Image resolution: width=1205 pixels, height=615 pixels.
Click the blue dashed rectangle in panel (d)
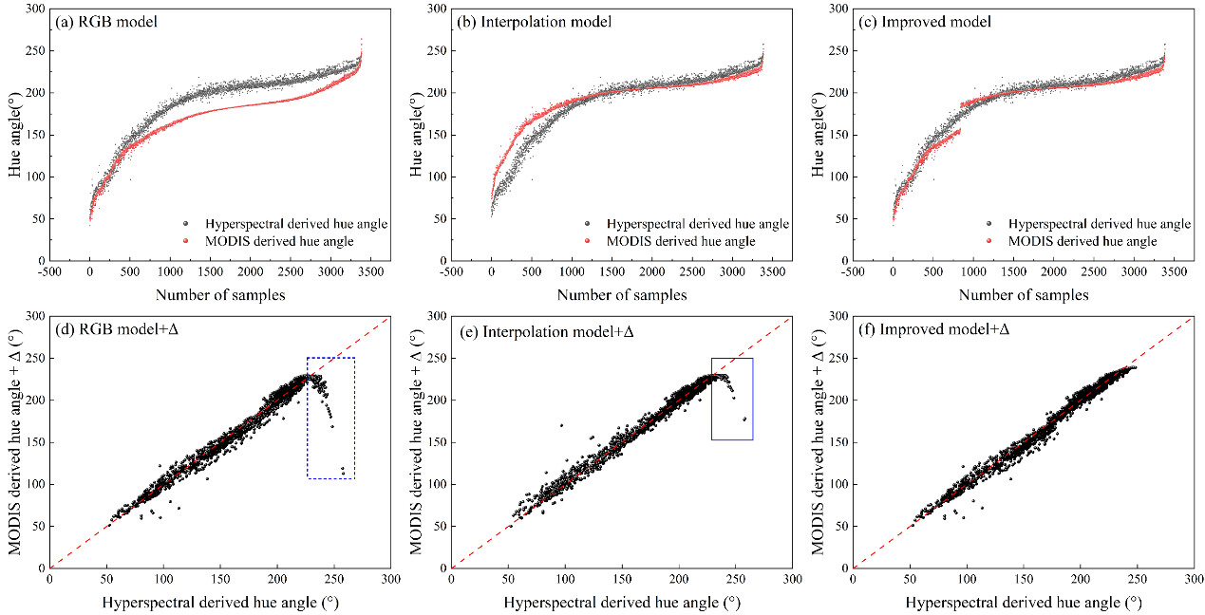point(354,418)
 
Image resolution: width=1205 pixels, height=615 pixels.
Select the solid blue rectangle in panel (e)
point(752,399)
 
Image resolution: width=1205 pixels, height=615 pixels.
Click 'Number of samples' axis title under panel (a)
point(220,295)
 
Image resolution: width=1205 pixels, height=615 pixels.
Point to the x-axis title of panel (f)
point(1023,603)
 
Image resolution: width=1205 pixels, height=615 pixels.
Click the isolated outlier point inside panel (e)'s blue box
point(744,419)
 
